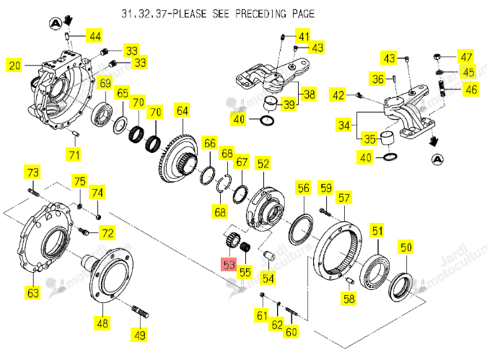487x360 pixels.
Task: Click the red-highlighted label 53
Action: [229, 264]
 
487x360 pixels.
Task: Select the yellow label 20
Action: [14, 66]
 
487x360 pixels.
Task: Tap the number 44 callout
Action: [95, 36]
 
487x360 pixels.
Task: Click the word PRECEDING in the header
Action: [260, 14]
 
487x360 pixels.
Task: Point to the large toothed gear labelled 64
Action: [179, 158]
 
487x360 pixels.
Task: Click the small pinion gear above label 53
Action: [231, 240]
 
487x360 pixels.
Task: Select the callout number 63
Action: [33, 293]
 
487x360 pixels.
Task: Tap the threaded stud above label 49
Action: [140, 312]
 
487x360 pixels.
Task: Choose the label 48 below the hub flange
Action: [102, 323]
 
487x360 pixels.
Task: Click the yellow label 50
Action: [406, 247]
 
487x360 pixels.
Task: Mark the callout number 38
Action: [309, 94]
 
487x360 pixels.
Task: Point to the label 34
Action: [344, 126]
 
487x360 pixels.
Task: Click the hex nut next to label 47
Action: [436, 57]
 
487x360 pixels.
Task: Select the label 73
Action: [32, 172]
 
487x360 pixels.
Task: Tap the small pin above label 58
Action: [350, 280]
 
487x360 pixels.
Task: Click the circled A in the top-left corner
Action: [56, 24]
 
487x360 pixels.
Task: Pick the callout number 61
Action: [262, 315]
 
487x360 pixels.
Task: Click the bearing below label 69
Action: [102, 114]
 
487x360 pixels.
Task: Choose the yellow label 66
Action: [210, 143]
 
